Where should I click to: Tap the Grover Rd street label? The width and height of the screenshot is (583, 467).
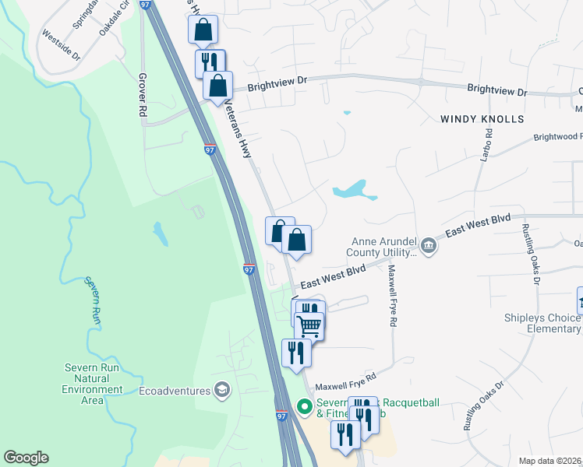[143, 95]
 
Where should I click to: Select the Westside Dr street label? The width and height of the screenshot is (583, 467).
[61, 46]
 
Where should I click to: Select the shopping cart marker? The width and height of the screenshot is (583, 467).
[309, 326]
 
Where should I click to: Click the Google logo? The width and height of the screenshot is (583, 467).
[26, 458]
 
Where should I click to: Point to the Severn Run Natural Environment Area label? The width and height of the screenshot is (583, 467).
[93, 384]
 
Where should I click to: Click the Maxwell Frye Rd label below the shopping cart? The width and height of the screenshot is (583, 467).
[344, 381]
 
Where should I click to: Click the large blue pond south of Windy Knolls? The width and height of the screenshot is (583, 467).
[352, 190]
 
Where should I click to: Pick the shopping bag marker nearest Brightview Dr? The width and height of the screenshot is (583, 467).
[218, 85]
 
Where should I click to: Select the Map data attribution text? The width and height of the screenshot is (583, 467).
[550, 461]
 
